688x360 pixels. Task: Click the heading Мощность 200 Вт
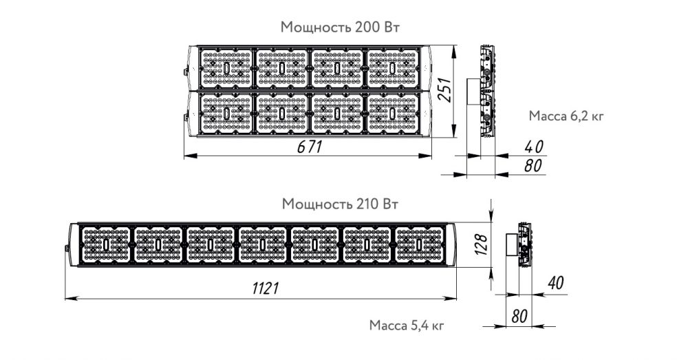tap(340, 27)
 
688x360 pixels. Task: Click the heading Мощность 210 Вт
tap(340, 204)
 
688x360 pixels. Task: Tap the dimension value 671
tap(310, 147)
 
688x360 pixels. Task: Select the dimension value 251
tap(444, 90)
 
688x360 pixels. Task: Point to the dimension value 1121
tap(266, 288)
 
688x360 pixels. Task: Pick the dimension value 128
tap(480, 244)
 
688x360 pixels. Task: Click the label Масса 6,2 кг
tap(566, 116)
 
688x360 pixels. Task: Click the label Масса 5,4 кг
tap(407, 326)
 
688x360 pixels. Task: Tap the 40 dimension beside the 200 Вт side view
tap(534, 147)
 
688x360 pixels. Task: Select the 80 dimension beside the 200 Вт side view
tap(533, 165)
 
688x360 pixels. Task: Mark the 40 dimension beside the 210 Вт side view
tap(555, 283)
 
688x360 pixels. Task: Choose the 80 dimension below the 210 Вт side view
tap(519, 316)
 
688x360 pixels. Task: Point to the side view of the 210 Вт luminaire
tap(519, 244)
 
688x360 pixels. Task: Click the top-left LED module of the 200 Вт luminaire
tap(226, 68)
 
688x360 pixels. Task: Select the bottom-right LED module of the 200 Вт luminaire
tap(392, 114)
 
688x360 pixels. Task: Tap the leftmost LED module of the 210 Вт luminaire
tap(106, 244)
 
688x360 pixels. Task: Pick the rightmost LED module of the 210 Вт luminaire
tap(419, 244)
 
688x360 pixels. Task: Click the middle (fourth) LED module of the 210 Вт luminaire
tap(262, 244)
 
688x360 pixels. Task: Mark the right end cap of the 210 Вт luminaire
tap(452, 244)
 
